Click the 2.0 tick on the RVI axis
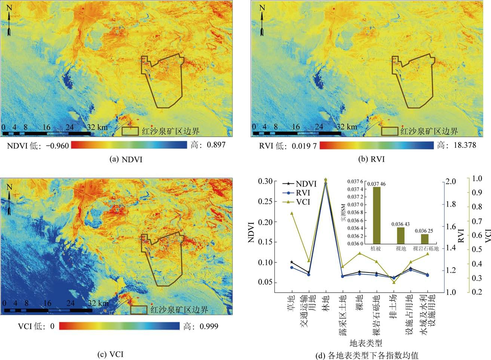coord(451,181)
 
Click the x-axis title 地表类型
coord(365,343)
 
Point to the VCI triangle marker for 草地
coord(292,213)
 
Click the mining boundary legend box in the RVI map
coord(389,131)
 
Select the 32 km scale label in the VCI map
coord(98,303)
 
